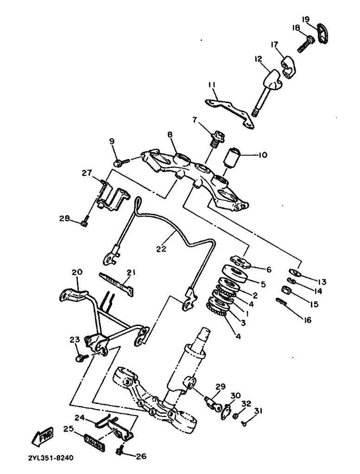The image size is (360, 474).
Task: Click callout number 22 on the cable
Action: [x=161, y=249]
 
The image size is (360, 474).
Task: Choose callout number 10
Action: [x=263, y=155]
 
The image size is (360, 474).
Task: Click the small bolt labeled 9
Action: [x=119, y=162]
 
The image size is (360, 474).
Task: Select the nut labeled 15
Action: [x=287, y=291]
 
